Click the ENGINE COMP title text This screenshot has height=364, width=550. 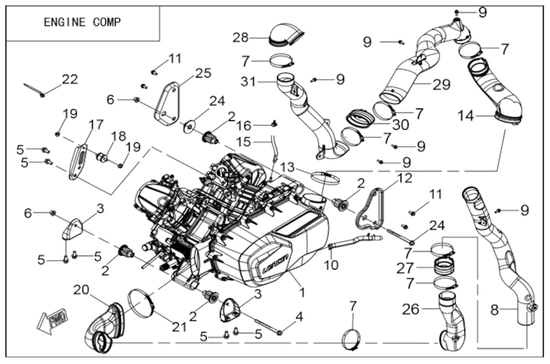pos(82,22)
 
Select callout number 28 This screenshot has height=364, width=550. pos(240,36)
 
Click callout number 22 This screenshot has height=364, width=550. pos(70,79)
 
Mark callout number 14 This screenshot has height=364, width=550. pos(466,115)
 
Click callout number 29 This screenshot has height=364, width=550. pos(441,83)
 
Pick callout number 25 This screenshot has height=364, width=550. pos(203,73)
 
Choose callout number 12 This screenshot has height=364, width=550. pos(404,178)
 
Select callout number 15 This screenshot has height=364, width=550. pos(244,142)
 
